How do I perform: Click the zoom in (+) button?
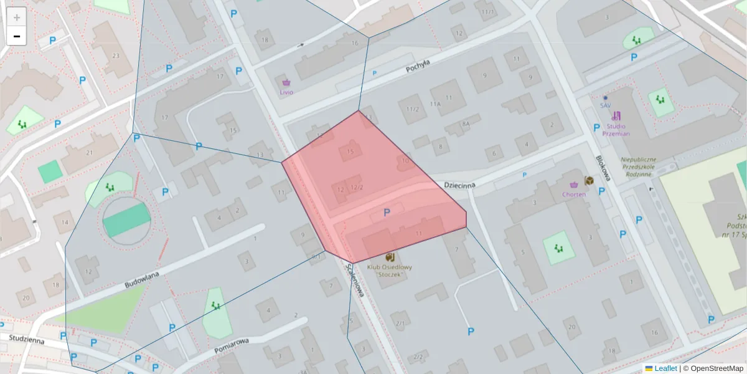[x=17, y=17]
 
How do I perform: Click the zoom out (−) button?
[x=17, y=36]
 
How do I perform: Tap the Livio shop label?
[x=286, y=92]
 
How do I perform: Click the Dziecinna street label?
[x=460, y=185]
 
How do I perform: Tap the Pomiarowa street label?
[x=232, y=345]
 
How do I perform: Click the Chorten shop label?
[x=574, y=194]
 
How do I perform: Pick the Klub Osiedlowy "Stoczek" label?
[x=390, y=271]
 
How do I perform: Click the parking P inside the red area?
[x=387, y=213]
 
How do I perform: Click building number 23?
[x=116, y=56]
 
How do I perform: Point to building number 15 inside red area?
[x=350, y=151]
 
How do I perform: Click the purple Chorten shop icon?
[x=574, y=185]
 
